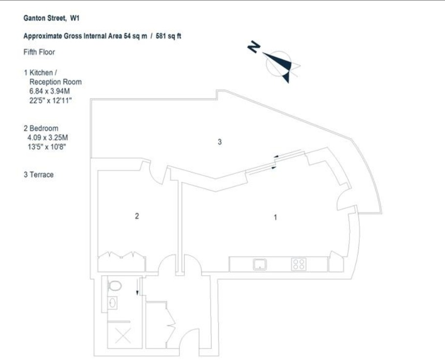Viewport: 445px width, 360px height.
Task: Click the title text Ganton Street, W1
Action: pyautogui.click(x=51, y=18)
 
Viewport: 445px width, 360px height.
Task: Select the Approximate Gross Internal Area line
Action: pyautogui.click(x=102, y=36)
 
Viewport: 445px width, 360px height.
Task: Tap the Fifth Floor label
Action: pyautogui.click(x=39, y=52)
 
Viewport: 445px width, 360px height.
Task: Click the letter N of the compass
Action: pyautogui.click(x=254, y=47)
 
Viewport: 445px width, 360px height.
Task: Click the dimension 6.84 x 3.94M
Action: pyautogui.click(x=49, y=91)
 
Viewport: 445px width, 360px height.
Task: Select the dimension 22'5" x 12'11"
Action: pyautogui.click(x=50, y=100)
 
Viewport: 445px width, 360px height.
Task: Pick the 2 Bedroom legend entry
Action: pyautogui.click(x=41, y=128)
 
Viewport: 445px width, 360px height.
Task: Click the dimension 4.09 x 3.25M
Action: pyautogui.click(x=47, y=138)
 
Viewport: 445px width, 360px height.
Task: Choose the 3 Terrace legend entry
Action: pyautogui.click(x=39, y=174)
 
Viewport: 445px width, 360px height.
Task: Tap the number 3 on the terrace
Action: pyautogui.click(x=219, y=142)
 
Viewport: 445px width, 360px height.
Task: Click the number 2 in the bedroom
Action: pyautogui.click(x=137, y=216)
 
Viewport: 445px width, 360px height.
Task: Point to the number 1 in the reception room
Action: pyautogui.click(x=275, y=217)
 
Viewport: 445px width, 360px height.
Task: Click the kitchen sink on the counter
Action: pyautogui.click(x=259, y=264)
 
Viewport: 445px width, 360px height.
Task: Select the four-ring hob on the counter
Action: pyautogui.click(x=299, y=264)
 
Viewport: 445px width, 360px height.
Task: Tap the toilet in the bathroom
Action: pyautogui.click(x=115, y=286)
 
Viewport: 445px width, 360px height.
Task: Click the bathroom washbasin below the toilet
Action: pyautogui.click(x=113, y=303)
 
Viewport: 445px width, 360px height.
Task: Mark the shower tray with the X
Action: pyautogui.click(x=123, y=336)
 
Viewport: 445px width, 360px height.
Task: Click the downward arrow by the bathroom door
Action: pyautogui.click(x=138, y=287)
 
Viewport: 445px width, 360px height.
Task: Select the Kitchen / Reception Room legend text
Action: pyautogui.click(x=53, y=77)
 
